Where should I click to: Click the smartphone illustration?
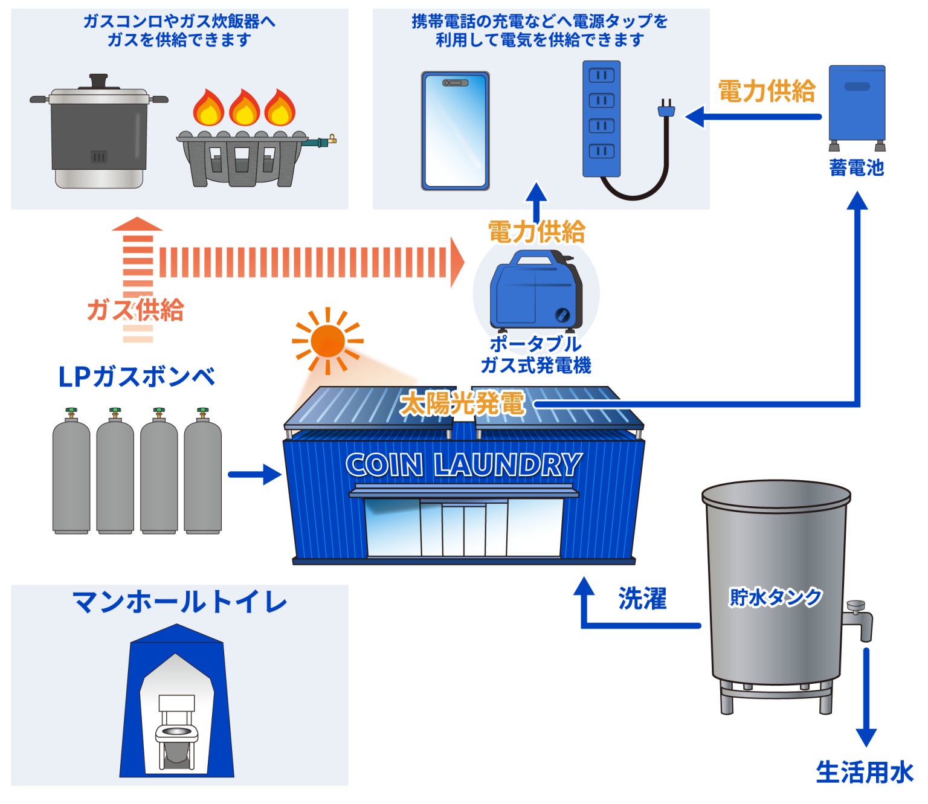(x=456, y=130)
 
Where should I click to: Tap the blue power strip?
(x=601, y=118)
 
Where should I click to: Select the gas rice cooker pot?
(x=98, y=131)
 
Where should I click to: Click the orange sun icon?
(x=327, y=341)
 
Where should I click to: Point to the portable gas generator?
(x=536, y=289)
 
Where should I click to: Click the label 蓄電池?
(x=856, y=167)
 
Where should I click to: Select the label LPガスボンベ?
(x=137, y=377)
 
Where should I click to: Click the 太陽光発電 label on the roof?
(x=462, y=403)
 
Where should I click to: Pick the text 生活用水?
(x=865, y=773)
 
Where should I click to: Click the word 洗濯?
(x=642, y=599)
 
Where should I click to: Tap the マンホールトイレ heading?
(x=179, y=602)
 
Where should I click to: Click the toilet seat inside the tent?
(x=177, y=733)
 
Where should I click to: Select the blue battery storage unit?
(x=857, y=108)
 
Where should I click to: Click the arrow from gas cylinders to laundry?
(x=255, y=475)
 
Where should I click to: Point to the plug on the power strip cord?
(x=666, y=108)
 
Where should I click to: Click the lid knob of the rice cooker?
(x=98, y=81)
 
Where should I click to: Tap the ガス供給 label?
(x=135, y=310)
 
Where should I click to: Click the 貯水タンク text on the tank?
(x=775, y=597)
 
